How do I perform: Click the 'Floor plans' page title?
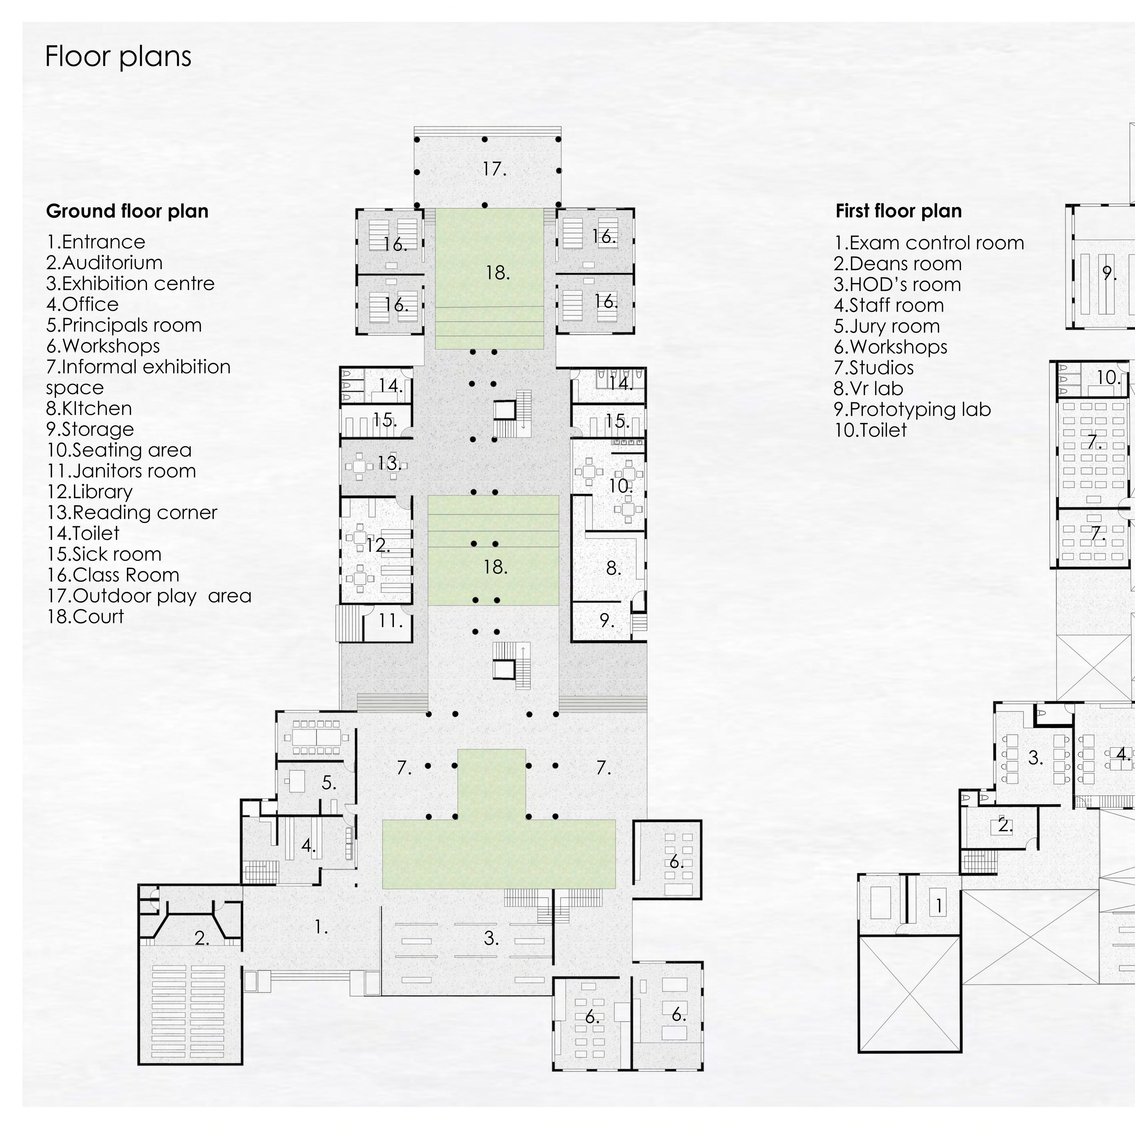click(118, 57)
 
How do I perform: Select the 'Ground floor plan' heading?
click(127, 211)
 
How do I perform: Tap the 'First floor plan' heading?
click(898, 211)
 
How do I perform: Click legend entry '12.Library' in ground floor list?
click(89, 491)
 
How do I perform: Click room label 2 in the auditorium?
click(201, 939)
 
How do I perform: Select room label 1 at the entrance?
click(321, 927)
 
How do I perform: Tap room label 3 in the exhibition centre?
click(491, 939)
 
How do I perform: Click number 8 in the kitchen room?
click(613, 568)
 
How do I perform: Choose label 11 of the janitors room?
click(390, 621)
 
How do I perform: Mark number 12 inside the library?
click(378, 545)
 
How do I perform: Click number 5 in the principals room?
click(329, 783)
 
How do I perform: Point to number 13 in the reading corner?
click(389, 463)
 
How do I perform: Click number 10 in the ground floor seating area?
click(620, 486)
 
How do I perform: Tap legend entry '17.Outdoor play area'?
click(148, 596)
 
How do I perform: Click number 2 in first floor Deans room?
click(1005, 826)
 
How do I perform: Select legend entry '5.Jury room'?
click(886, 326)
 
